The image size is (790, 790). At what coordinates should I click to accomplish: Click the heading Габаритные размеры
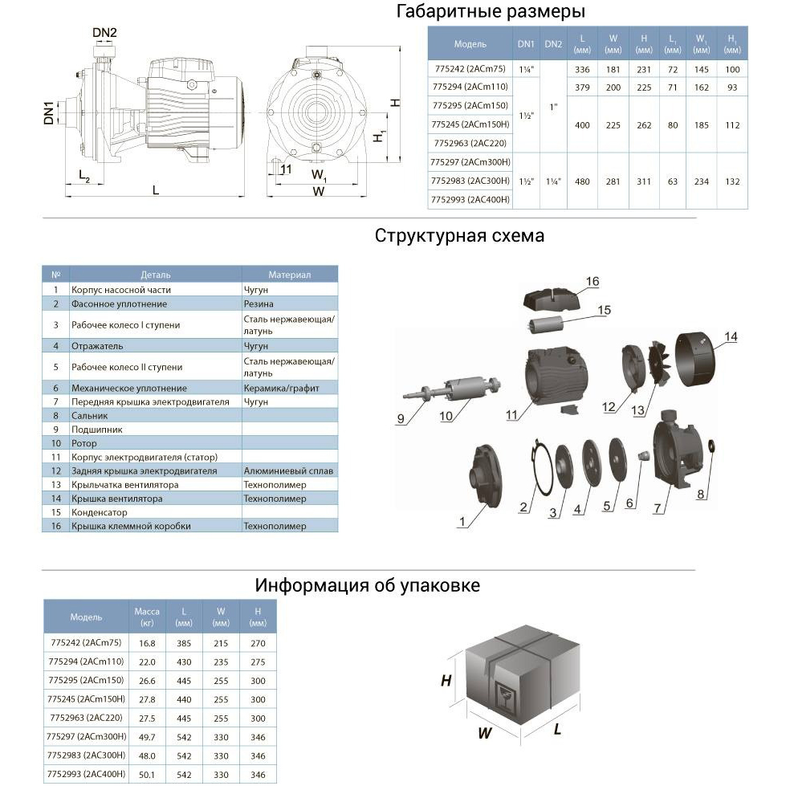pyautogui.click(x=491, y=12)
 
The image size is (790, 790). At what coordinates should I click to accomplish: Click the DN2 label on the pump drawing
pyautogui.click(x=104, y=33)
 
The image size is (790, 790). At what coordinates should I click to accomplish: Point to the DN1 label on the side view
pyautogui.click(x=49, y=112)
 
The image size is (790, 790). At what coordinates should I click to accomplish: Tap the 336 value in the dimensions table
pyautogui.click(x=584, y=70)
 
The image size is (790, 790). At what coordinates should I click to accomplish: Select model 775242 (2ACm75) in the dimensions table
pyautogui.click(x=470, y=70)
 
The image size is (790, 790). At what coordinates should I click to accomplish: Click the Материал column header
pyautogui.click(x=289, y=275)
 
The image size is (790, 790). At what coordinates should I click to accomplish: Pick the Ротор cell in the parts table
pyautogui.click(x=84, y=443)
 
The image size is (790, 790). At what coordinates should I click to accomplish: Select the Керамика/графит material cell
pyautogui.click(x=281, y=388)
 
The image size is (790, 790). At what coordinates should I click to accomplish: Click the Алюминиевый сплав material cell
pyautogui.click(x=288, y=470)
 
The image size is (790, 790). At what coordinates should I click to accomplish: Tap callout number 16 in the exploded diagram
pyautogui.click(x=592, y=282)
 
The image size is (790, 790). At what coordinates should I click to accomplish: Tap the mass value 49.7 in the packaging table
pyautogui.click(x=146, y=735)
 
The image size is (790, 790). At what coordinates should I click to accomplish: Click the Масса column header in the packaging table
pyautogui.click(x=146, y=616)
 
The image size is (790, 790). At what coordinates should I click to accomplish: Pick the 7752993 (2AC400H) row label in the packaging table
pyautogui.click(x=87, y=774)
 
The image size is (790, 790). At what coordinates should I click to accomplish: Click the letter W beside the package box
pyautogui.click(x=485, y=732)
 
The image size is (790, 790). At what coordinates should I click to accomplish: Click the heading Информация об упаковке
pyautogui.click(x=367, y=585)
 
